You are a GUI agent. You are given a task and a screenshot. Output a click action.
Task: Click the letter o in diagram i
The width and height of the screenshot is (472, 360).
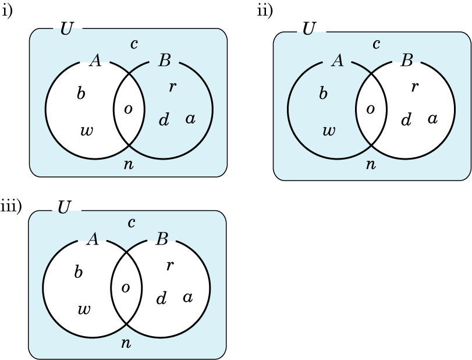(128, 109)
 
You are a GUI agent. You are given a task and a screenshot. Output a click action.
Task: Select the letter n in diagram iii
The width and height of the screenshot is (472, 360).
(126, 343)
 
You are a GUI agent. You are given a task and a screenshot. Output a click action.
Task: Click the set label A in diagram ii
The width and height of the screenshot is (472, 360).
(337, 60)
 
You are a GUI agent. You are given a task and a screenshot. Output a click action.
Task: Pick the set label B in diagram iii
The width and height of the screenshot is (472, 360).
(162, 239)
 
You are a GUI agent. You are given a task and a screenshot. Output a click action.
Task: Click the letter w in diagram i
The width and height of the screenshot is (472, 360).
(86, 130)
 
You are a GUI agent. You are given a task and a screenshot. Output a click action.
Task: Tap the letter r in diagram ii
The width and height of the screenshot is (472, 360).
(414, 87)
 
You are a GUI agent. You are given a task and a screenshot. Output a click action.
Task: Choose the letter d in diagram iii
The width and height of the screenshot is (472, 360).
(162, 299)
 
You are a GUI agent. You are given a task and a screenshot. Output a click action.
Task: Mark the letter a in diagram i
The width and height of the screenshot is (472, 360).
(190, 119)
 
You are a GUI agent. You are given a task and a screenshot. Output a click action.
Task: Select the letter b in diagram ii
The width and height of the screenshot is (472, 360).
(324, 94)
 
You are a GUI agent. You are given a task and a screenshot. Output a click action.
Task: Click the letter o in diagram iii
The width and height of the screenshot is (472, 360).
(125, 287)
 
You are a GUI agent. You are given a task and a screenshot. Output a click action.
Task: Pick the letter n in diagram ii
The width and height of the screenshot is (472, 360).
(370, 164)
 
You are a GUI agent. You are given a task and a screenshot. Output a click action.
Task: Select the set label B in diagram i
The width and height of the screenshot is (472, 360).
(164, 61)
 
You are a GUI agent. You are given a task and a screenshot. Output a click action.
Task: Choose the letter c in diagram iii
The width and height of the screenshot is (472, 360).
(132, 222)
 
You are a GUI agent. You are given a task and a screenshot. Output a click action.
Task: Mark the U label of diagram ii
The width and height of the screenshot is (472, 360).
(309, 28)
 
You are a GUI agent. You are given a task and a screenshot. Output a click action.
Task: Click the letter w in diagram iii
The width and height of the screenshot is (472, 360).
(84, 309)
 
